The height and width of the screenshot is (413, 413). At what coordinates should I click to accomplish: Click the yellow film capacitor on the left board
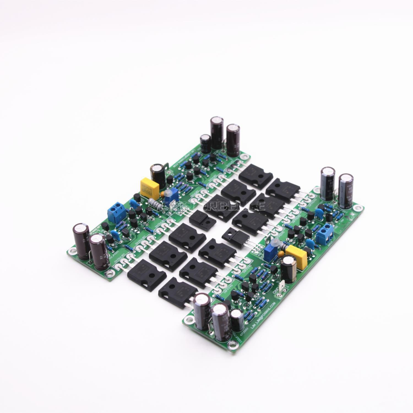[150, 187]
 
